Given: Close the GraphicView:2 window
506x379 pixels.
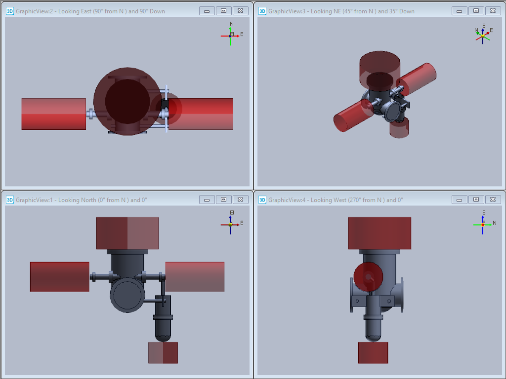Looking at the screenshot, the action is (x=241, y=11).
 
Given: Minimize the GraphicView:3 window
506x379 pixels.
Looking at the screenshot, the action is (x=459, y=11).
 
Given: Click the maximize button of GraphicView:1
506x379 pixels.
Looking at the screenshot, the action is (x=224, y=200).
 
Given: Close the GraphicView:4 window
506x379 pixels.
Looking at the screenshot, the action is (x=493, y=200).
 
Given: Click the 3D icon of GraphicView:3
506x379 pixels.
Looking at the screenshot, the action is (x=262, y=11).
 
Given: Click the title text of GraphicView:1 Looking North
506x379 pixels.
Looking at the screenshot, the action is (x=82, y=200).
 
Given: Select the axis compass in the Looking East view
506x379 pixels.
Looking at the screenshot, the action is (x=232, y=34).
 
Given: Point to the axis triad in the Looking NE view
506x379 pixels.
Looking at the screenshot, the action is (x=483, y=35).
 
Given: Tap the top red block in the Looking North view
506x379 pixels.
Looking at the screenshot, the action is (x=127, y=233).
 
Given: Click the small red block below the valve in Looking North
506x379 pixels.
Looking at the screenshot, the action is (x=163, y=352).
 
